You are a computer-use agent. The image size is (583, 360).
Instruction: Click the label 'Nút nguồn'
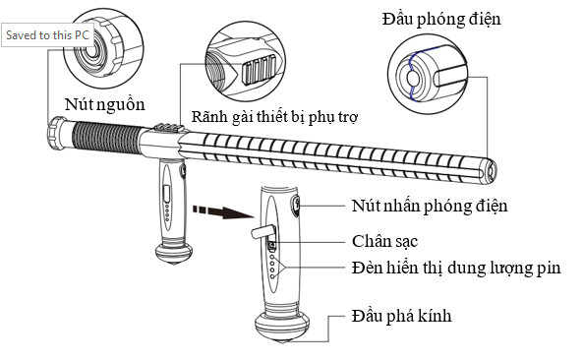pyautogui.click(x=104, y=104)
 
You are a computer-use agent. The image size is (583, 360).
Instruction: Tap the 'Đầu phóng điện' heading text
pyautogui.click(x=441, y=19)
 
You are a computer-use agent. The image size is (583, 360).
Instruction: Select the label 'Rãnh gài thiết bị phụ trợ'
pyautogui.click(x=274, y=117)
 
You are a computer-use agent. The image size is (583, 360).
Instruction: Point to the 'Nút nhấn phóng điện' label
pyautogui.click(x=430, y=206)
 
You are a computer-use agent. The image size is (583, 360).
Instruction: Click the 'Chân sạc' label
pyautogui.click(x=384, y=241)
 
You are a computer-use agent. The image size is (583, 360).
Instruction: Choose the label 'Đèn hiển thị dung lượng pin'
pyautogui.click(x=456, y=268)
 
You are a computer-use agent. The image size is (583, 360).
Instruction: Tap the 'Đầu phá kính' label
pyautogui.click(x=401, y=316)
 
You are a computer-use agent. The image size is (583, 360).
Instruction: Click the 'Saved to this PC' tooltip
pyautogui.click(x=47, y=35)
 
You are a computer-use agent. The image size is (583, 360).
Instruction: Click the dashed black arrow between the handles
pyautogui.click(x=222, y=211)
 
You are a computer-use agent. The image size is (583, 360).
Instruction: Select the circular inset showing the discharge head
pyautogui.click(x=428, y=74)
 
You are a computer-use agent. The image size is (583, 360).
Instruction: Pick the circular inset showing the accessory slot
pyautogui.click(x=246, y=61)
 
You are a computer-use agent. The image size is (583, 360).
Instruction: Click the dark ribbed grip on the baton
pyautogui.click(x=106, y=137)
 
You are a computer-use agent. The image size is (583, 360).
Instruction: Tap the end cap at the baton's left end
pyautogui.click(x=56, y=133)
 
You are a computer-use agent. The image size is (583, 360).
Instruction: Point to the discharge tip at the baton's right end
pyautogui.click(x=490, y=171)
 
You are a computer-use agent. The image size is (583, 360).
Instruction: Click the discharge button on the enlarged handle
pyautogui.click(x=296, y=206)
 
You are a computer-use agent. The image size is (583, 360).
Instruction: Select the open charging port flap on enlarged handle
pyautogui.click(x=263, y=232)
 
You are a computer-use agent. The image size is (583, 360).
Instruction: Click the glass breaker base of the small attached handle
pyautogui.click(x=174, y=253)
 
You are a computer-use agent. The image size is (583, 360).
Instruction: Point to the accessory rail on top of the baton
pyautogui.click(x=169, y=128)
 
